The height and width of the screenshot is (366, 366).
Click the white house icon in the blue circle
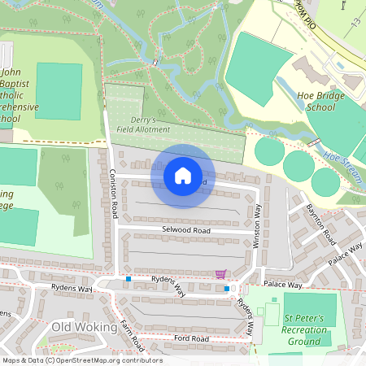183,176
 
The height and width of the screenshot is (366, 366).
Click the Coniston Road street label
114,194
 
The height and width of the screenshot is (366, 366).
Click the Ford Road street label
190,338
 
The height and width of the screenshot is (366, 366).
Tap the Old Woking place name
79,327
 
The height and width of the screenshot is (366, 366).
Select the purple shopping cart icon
220,274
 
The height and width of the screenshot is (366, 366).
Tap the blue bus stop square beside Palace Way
226,287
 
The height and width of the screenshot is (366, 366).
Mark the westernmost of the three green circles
269,151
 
